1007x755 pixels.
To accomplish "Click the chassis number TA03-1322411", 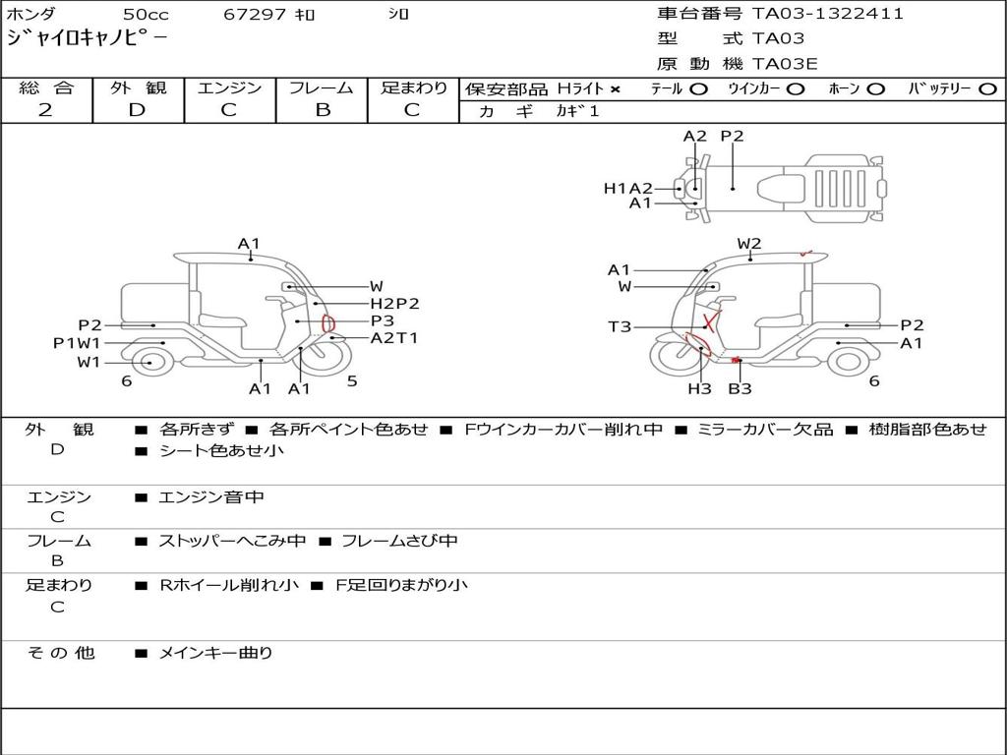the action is click(x=828, y=13).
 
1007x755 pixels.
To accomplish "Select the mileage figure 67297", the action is click(x=255, y=14).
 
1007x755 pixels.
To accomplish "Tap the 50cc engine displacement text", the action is click(x=146, y=14).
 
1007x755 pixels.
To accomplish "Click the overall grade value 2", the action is click(x=45, y=110).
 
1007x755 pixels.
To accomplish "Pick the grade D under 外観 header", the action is click(x=137, y=110).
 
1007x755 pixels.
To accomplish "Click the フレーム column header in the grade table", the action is click(x=322, y=87).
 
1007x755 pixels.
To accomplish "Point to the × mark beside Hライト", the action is click(x=616, y=89).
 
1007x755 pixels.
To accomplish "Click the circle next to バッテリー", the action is click(x=987, y=89).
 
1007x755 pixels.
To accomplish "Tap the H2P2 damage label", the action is click(x=394, y=303).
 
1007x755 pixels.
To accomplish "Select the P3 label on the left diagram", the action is click(x=383, y=320).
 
